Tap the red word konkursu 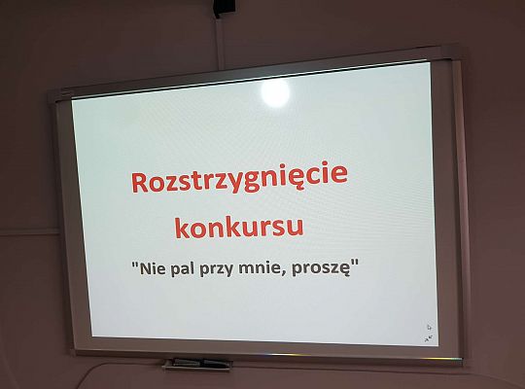(x=238, y=228)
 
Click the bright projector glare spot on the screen (x=275, y=92)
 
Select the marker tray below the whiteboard (x=196, y=365)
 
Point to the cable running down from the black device (x=221, y=34)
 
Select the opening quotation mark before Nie (x=134, y=264)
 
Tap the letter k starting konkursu (x=182, y=228)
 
